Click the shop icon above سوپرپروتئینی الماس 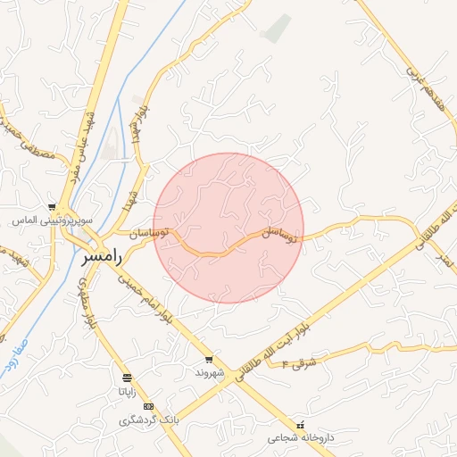click(53, 207)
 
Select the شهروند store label click(209, 371)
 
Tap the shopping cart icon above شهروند click(209, 359)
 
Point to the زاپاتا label click(128, 390)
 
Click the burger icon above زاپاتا click(128, 378)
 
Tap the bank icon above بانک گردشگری click(148, 406)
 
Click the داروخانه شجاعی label click(301, 438)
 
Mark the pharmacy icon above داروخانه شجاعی click(301, 425)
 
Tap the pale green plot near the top click(278, 29)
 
